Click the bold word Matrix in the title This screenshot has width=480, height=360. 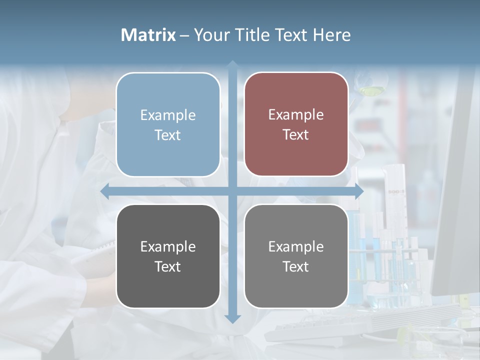click(148, 35)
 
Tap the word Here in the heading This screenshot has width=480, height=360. click(331, 35)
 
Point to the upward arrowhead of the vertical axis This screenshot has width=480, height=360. click(232, 65)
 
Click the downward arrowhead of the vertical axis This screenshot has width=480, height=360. click(232, 318)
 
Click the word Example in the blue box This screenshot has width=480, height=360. click(168, 115)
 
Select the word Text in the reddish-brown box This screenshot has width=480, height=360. click(296, 135)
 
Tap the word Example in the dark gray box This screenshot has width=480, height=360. click(168, 247)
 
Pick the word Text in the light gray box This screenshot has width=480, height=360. click(296, 266)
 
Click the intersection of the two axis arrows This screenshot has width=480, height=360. click(232, 191)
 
